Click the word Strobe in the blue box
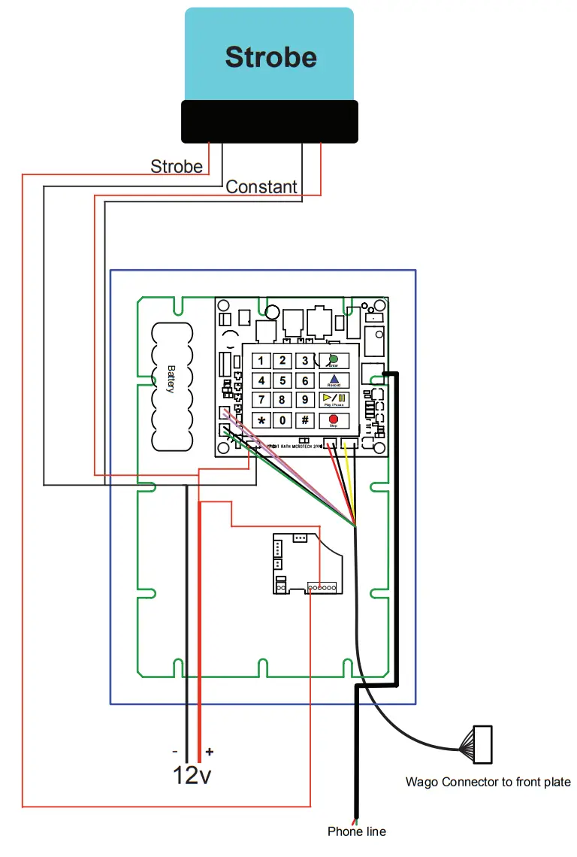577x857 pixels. point(270,58)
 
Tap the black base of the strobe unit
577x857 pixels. point(270,121)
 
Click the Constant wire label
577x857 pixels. point(261,186)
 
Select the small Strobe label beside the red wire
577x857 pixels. point(177,166)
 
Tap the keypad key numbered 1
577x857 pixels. point(261,361)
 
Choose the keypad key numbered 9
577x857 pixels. point(305,400)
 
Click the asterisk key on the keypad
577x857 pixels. point(261,420)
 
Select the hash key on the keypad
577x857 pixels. point(305,420)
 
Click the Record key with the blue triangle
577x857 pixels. point(334,380)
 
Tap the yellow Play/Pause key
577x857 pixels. point(334,400)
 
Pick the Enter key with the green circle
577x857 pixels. point(334,361)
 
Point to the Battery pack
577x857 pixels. point(171,388)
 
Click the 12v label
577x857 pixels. point(192,775)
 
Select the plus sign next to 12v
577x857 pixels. point(209,751)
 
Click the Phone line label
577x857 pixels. point(357,831)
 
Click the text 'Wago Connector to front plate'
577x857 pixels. point(488,782)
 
